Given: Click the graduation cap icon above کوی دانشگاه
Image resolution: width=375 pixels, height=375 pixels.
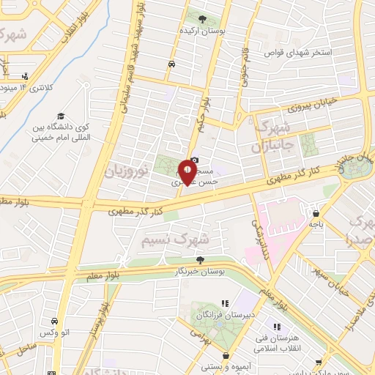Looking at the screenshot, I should click(62, 116).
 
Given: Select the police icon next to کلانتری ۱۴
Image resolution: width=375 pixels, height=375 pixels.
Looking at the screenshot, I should click(26, 75).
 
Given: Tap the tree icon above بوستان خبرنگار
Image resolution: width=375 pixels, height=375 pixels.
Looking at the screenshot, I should click(199, 259).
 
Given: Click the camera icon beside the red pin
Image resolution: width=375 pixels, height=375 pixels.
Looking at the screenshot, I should click(194, 161).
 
